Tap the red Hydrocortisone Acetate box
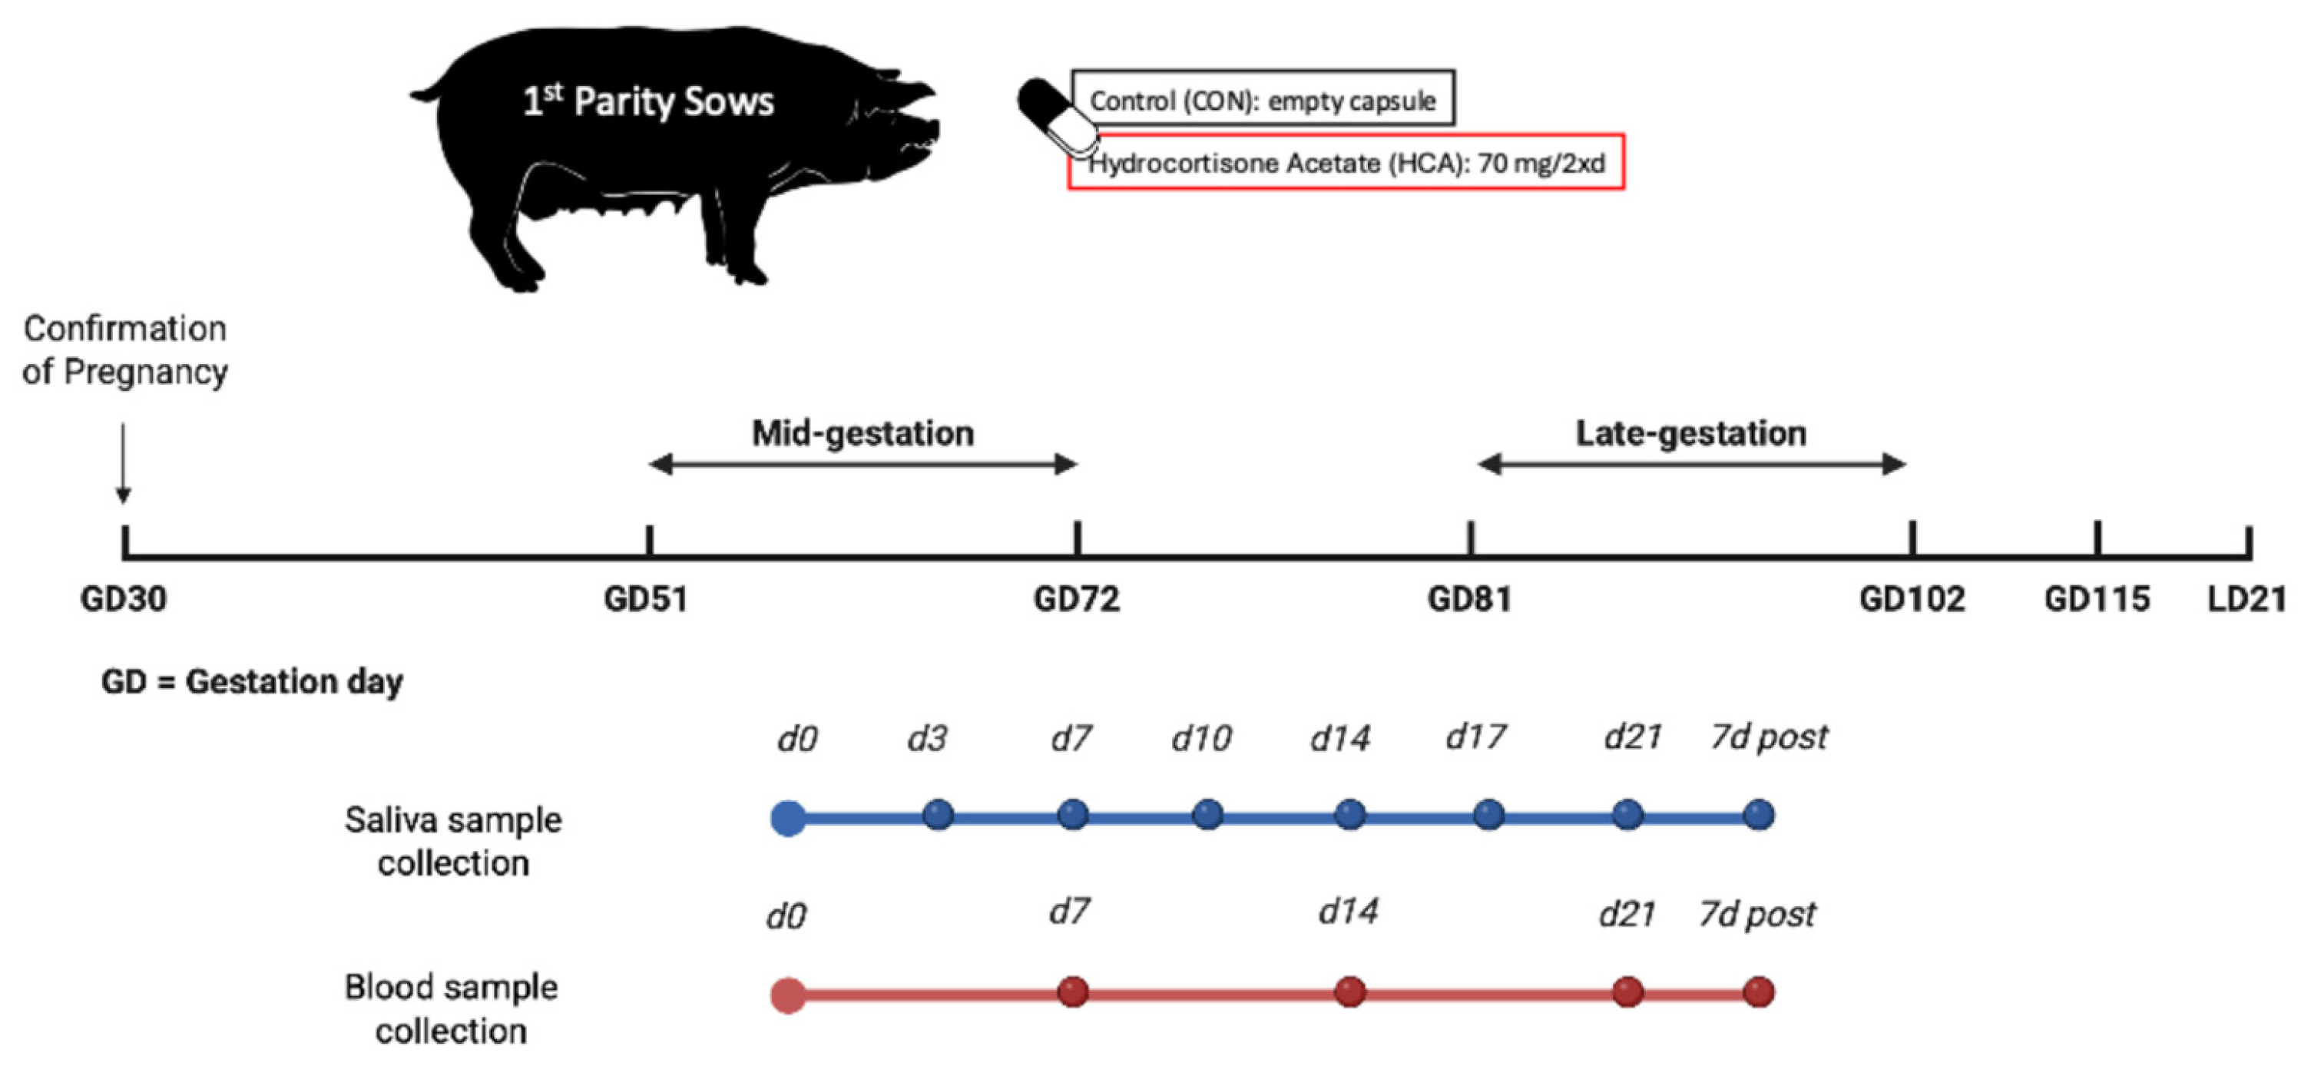point(1346,163)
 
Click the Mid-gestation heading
point(863,433)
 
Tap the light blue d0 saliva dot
point(788,818)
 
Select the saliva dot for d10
point(1207,815)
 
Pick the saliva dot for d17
point(1488,815)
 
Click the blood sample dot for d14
point(1349,992)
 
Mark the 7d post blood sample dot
point(1759,992)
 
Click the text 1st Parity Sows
point(647,101)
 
